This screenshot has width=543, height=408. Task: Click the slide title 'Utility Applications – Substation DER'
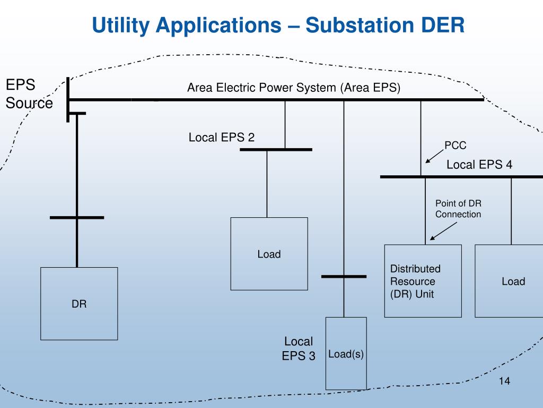pos(278,25)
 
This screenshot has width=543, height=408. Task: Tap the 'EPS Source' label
pos(29,93)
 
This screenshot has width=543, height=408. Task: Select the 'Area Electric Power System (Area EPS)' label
pos(294,88)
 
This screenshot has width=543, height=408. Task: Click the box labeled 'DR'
pos(79,303)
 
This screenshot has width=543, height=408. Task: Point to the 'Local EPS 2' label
pos(221,138)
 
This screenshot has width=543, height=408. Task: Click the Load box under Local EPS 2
pos(269,253)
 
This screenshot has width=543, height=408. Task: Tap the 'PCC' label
pos(455,145)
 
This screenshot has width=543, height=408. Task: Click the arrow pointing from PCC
pos(435,156)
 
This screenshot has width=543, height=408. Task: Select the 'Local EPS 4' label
pos(479,165)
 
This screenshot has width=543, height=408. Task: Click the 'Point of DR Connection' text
pos(458,208)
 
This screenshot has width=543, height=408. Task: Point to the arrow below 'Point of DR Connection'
pos(443,231)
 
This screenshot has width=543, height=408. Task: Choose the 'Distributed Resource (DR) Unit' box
pos(423,281)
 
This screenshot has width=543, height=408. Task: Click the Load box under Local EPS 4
pos(509,281)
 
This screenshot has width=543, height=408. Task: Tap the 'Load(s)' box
pos(346,353)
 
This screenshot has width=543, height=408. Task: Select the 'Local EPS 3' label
pos(299,348)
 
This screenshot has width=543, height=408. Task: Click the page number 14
pos(504,381)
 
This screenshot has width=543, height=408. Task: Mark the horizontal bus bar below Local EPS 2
pos(276,149)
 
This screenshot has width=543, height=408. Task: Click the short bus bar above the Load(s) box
pos(344,276)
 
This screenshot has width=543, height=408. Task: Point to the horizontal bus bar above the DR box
pos(77,217)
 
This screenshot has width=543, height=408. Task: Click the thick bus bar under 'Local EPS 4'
pos(462,177)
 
